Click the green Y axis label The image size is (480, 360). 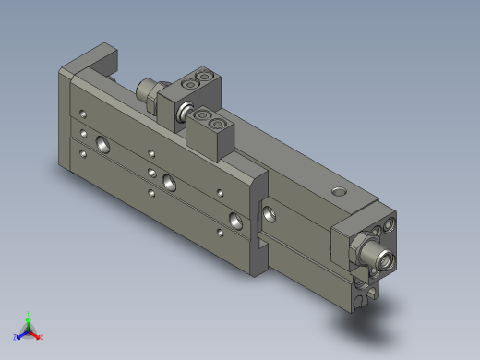click(28, 314)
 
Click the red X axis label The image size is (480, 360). click(41, 337)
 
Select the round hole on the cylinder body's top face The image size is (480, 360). click(339, 192)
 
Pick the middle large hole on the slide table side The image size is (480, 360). click(167, 180)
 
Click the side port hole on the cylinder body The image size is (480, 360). click(270, 215)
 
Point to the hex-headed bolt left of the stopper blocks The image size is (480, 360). click(145, 90)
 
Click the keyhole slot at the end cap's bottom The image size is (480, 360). click(358, 297)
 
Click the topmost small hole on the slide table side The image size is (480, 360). click(84, 114)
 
